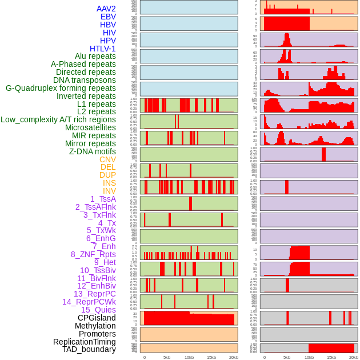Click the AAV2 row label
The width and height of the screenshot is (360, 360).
tap(106, 9)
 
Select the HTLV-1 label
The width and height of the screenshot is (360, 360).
tap(102, 49)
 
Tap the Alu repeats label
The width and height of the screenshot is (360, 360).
tap(95, 56)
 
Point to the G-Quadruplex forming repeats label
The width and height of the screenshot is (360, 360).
tap(61, 88)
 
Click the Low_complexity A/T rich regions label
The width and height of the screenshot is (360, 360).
tap(58, 119)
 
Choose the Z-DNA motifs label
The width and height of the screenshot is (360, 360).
tap(92, 151)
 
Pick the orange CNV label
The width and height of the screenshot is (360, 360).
tap(107, 159)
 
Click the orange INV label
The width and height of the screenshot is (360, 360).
tap(109, 191)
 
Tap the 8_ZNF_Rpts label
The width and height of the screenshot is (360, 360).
tap(93, 254)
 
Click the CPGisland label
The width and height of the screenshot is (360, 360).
tap(97, 318)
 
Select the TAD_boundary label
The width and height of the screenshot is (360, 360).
tap(89, 349)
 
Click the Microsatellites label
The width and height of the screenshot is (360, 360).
tap(90, 127)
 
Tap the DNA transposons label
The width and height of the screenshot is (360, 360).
tap(85, 80)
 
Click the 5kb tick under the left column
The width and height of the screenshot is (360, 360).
tap(167, 357)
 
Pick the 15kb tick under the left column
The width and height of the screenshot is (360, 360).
tap(211, 357)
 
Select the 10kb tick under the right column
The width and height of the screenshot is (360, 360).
tap(309, 357)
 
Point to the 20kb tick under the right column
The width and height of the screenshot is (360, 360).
tap(354, 357)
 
